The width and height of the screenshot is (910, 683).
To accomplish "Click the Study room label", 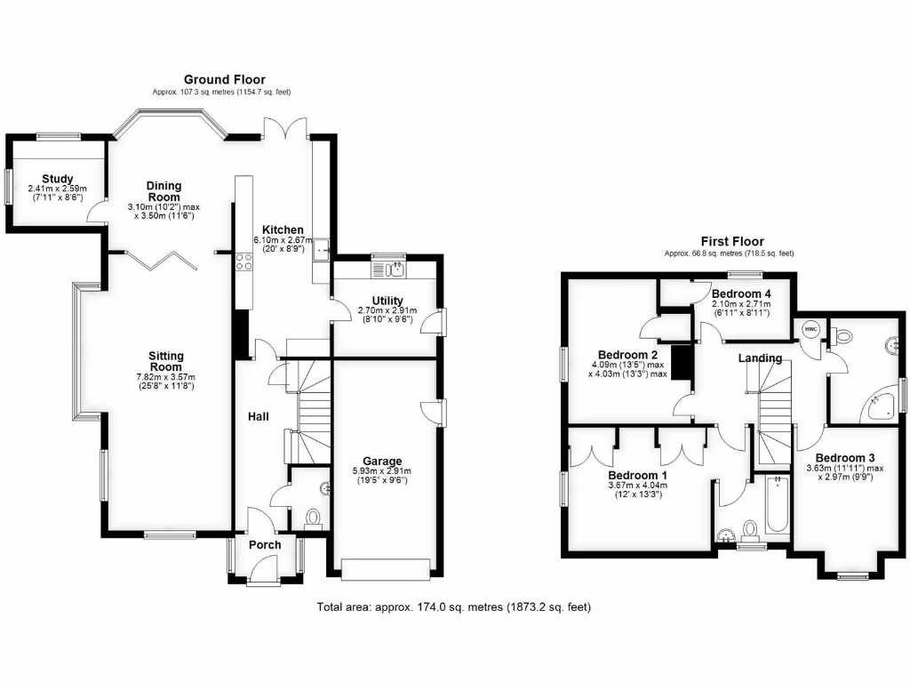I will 57,179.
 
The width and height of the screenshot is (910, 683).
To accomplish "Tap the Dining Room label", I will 164,191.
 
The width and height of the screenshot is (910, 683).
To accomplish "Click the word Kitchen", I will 279,229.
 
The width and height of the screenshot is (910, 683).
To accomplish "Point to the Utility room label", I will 387,301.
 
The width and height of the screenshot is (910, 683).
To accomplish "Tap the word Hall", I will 258,416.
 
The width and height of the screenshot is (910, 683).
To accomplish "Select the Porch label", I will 265,545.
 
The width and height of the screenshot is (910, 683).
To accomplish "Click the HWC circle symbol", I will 810,330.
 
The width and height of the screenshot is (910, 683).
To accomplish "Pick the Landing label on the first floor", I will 761,358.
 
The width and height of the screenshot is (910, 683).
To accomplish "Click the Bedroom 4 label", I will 741,293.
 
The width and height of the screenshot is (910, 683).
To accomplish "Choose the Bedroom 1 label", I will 636,475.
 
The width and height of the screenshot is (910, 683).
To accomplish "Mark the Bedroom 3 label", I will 845,458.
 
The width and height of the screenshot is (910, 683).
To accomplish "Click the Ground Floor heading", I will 224,80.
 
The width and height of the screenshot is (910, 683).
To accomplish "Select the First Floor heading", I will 731,242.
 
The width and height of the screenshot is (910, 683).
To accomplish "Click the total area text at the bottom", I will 454,607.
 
